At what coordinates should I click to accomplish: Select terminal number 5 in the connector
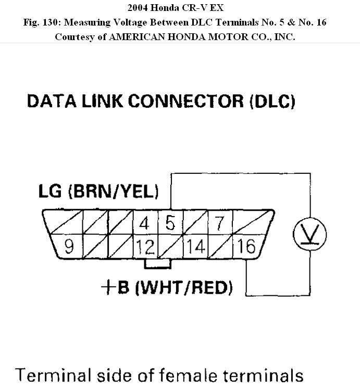point(170,223)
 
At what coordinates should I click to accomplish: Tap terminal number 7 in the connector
point(220,223)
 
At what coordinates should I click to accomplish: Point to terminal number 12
point(145,246)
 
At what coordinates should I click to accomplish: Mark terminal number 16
point(245,246)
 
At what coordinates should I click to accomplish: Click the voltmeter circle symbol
point(309,234)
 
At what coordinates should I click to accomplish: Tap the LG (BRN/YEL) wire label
point(98,192)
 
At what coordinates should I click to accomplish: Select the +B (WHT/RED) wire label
point(167,287)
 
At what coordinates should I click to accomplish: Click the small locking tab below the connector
point(157,263)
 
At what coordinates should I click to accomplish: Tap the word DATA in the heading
point(51,101)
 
